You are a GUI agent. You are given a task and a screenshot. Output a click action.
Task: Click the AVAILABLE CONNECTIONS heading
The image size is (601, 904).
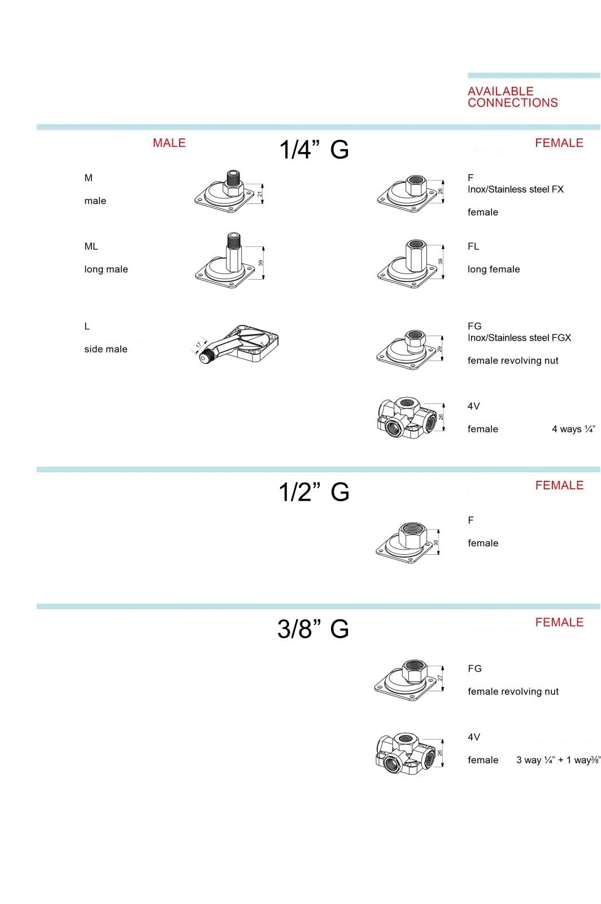tap(512, 97)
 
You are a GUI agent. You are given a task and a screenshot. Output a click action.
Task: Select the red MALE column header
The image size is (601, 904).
tap(169, 143)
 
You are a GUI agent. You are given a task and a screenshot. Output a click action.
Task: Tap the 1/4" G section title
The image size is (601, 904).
tap(314, 150)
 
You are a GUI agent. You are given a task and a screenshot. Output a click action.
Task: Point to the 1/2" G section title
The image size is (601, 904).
tap(314, 492)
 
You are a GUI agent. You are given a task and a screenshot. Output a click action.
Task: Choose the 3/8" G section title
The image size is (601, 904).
tap(313, 629)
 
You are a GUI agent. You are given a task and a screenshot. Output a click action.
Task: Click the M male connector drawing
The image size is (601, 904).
tap(229, 191)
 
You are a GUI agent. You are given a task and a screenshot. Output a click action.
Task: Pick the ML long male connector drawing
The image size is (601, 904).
tap(229, 260)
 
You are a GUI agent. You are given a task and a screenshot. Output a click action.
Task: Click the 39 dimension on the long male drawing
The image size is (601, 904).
tap(260, 263)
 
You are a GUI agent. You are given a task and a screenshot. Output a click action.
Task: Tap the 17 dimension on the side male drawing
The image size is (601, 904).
tap(198, 345)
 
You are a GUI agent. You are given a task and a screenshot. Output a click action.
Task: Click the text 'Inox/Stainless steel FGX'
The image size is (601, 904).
tap(519, 338)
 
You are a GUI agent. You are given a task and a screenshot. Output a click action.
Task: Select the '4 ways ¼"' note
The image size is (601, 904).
tap(573, 429)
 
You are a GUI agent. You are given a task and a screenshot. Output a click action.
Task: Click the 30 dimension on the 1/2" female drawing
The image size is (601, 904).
tap(435, 543)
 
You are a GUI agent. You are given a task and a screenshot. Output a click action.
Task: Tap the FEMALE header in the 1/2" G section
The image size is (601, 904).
tap(559, 485)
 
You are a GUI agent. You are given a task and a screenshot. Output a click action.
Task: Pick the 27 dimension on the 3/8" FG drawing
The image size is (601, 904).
tap(439, 678)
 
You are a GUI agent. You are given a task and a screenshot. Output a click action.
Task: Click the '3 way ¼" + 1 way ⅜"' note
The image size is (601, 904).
tap(558, 760)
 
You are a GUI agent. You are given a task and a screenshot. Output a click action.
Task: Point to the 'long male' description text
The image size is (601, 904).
tap(106, 269)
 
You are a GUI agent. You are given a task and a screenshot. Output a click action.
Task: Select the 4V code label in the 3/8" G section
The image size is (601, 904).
tap(474, 737)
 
